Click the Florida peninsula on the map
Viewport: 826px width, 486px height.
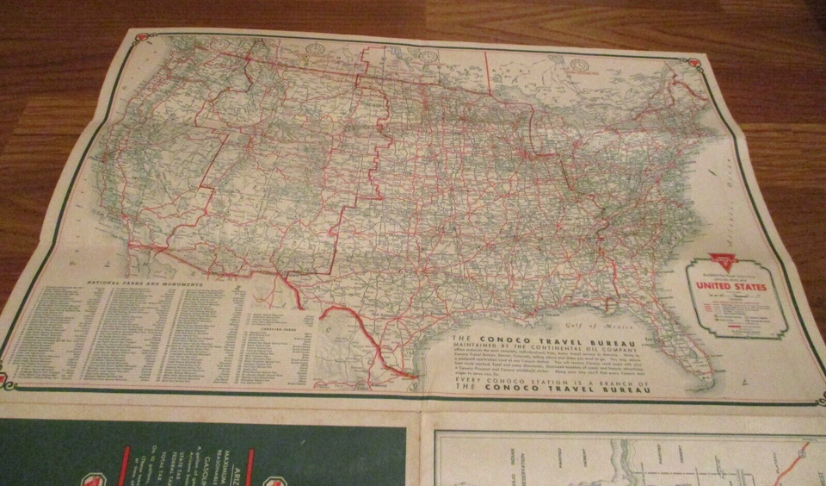coord(688,345)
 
